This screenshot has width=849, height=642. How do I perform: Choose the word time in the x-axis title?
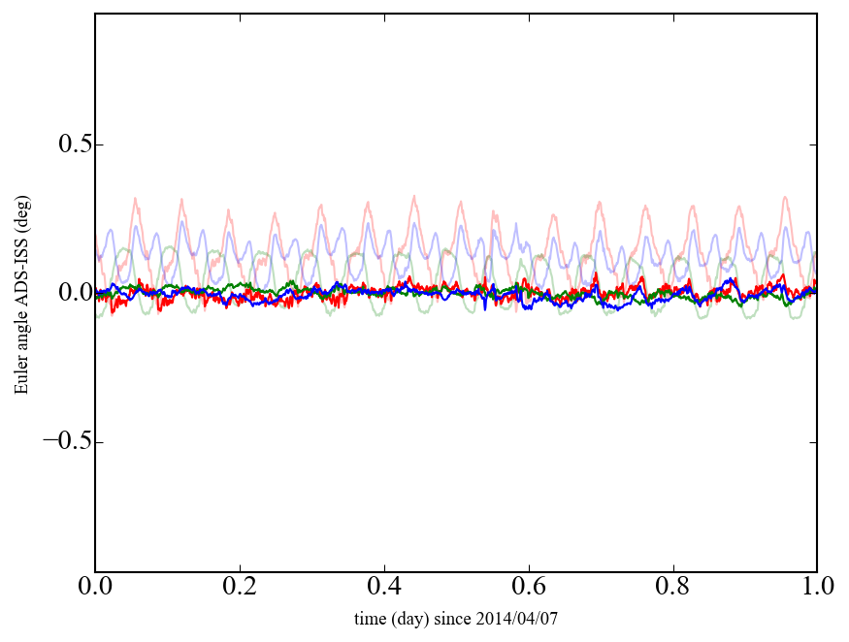[369, 618]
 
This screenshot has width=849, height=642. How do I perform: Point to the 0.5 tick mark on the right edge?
[814, 144]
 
